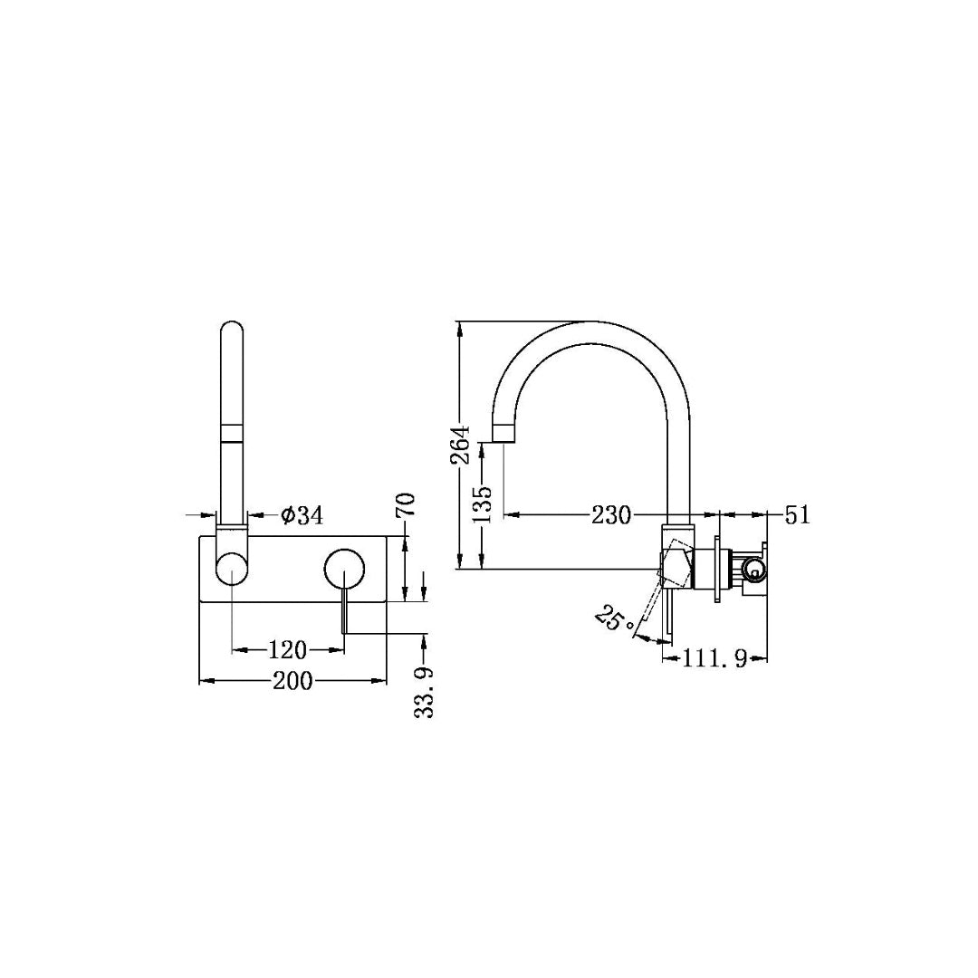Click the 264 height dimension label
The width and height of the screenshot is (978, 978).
point(461,444)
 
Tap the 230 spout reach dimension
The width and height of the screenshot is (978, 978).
point(611,515)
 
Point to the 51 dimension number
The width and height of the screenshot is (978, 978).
point(797,515)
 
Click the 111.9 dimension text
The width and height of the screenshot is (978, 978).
point(714,658)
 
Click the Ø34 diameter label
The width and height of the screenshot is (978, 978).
point(302,515)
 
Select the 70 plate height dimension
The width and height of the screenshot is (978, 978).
point(406,504)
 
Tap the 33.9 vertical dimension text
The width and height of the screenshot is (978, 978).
point(424,693)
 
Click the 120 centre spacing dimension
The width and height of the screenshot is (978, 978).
point(288,650)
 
